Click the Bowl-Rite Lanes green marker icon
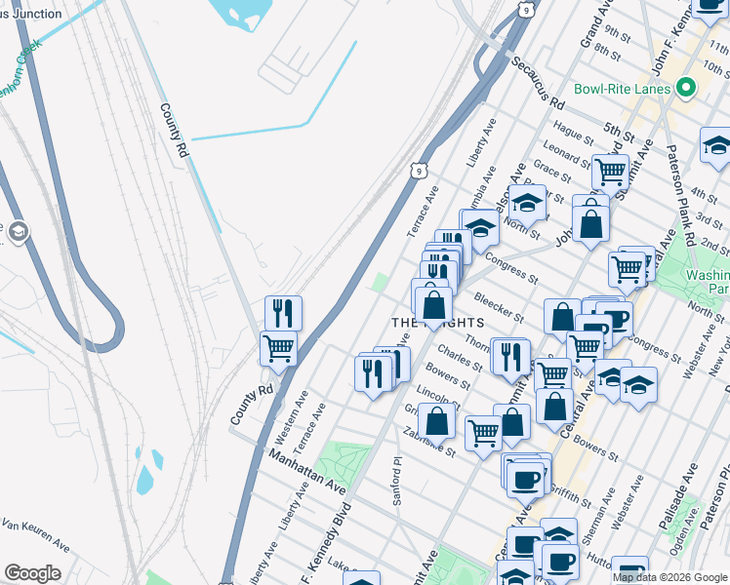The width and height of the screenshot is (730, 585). (x=686, y=89)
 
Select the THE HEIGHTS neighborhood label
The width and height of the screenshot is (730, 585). (x=437, y=322)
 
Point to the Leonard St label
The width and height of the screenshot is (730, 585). (x=562, y=153)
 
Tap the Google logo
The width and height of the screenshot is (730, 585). (x=31, y=573)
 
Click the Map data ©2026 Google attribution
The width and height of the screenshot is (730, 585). (x=669, y=577)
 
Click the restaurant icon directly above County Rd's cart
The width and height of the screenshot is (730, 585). (x=283, y=312)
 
